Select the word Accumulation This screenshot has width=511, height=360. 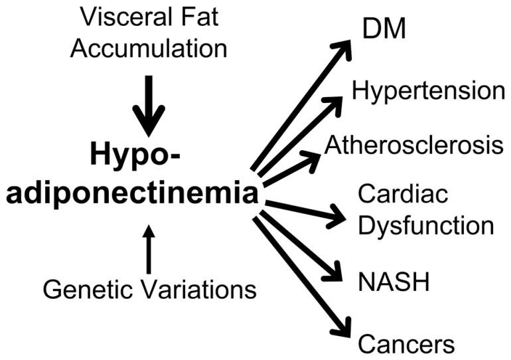click(x=149, y=48)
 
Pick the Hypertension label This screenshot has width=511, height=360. click(x=429, y=91)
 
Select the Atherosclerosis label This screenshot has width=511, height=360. click(x=414, y=145)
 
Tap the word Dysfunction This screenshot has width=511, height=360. click(x=426, y=226)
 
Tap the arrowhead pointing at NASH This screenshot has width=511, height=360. click(x=336, y=273)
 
